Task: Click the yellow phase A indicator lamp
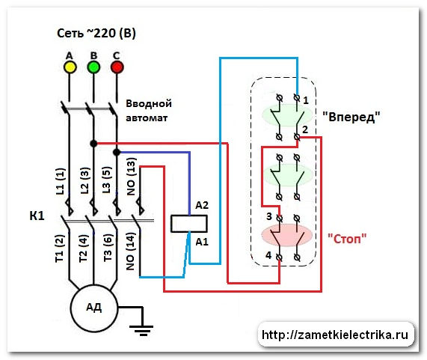[x=70, y=67]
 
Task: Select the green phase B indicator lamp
[x=93, y=67]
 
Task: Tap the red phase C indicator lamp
[x=117, y=67]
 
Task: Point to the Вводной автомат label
[x=150, y=110]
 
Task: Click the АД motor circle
[x=93, y=306]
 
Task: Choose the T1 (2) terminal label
[x=59, y=251]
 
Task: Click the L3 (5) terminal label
[x=107, y=180]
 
